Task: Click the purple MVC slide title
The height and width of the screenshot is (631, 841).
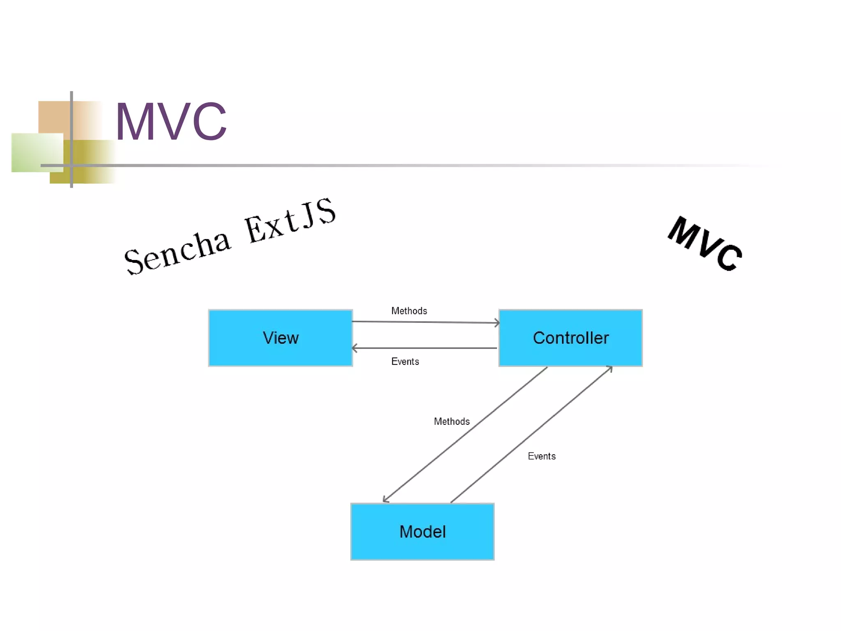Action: point(170,122)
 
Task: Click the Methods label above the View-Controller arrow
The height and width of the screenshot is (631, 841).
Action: point(409,311)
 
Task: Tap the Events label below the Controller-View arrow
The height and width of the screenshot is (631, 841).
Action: point(405,362)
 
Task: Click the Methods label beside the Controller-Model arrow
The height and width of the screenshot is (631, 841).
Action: point(451,421)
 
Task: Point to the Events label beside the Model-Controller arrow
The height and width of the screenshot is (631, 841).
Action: point(541,456)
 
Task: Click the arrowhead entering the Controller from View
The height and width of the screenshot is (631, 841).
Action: point(497,323)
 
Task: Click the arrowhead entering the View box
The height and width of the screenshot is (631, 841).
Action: point(354,348)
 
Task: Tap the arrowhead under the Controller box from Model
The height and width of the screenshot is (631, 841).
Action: point(610,369)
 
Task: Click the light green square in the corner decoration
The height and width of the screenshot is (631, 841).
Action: point(37,152)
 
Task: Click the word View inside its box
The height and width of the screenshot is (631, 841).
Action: point(280,338)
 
